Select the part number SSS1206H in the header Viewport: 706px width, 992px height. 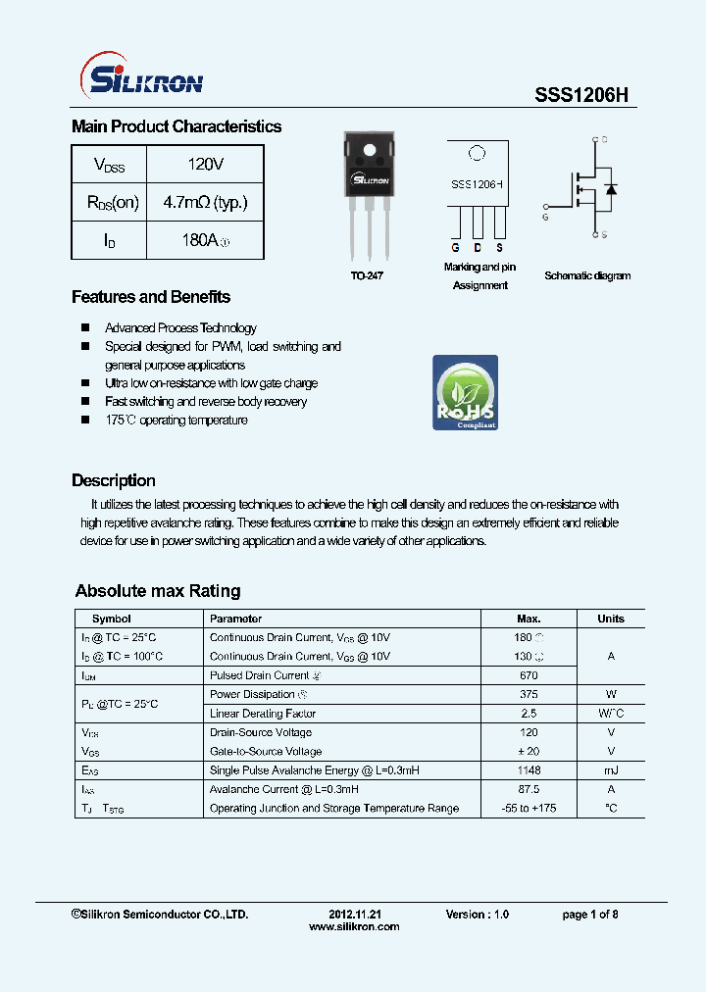tap(580, 95)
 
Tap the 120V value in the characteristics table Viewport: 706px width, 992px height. tap(205, 164)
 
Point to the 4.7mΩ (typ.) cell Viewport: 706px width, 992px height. tap(205, 202)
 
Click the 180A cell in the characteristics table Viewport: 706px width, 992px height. tap(205, 240)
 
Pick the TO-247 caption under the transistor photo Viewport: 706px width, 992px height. tap(367, 276)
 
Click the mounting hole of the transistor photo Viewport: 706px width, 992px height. tap(370, 152)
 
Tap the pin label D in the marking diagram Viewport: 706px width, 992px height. tap(478, 247)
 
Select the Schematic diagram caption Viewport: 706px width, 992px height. tap(587, 276)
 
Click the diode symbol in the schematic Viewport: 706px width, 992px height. tap(610, 188)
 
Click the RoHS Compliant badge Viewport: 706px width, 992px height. tap(465, 393)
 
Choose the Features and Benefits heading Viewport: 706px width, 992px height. tap(151, 297)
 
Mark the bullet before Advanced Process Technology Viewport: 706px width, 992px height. tap(85, 328)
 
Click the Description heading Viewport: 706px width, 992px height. tap(114, 480)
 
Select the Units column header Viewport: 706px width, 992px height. tap(610, 619)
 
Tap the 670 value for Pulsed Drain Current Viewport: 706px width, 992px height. tap(529, 675)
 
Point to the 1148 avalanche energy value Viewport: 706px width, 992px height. tap(529, 770)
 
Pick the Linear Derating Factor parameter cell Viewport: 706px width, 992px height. tap(263, 714)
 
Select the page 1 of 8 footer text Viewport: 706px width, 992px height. tap(589, 914)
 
